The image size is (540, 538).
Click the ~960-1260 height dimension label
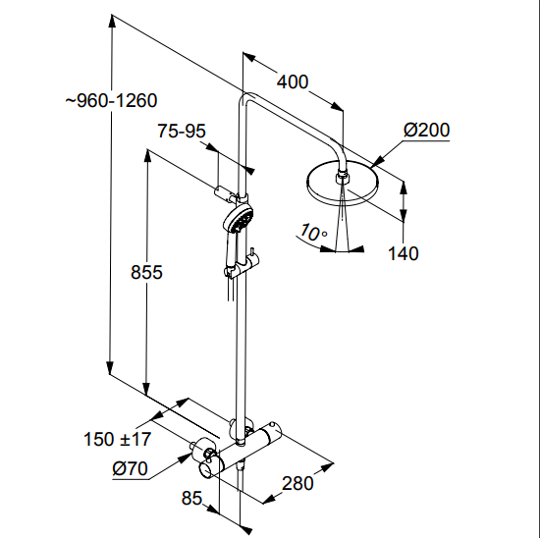coord(111,100)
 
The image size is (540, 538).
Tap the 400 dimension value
coord(293,82)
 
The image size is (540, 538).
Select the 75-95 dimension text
coord(182,131)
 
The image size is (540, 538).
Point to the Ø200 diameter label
coord(426,130)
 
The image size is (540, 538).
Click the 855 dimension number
coord(146,272)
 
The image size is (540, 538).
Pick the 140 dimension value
coord(403,253)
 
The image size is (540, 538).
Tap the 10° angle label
coord(312,233)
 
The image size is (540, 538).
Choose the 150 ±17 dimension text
coord(117,439)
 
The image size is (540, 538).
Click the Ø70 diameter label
coord(130,468)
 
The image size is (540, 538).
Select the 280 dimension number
coord(297,483)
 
